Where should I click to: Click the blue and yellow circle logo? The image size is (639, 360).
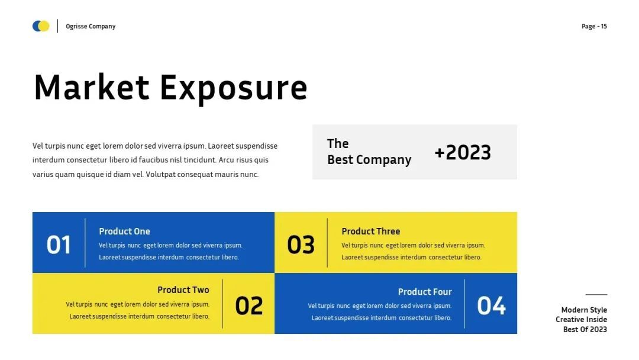pyautogui.click(x=41, y=26)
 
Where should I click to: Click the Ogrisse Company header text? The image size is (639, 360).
pyautogui.click(x=91, y=27)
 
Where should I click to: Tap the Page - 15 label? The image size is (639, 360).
pyautogui.click(x=594, y=27)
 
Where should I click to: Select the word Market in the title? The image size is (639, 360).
pyautogui.click(x=92, y=87)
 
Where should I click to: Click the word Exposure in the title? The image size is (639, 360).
pyautogui.click(x=234, y=89)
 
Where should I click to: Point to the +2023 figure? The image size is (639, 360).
pyautogui.click(x=463, y=152)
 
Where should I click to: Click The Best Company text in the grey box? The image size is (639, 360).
pyautogui.click(x=369, y=152)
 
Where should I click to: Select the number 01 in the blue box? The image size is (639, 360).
pyautogui.click(x=59, y=245)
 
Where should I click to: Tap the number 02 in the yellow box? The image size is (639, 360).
pyautogui.click(x=249, y=306)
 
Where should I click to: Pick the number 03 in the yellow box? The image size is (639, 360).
pyautogui.click(x=301, y=245)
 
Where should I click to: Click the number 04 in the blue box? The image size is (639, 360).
pyautogui.click(x=491, y=306)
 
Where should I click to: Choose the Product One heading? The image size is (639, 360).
pyautogui.click(x=124, y=231)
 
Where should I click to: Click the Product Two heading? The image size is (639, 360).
pyautogui.click(x=183, y=290)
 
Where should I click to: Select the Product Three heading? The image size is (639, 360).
pyautogui.click(x=371, y=231)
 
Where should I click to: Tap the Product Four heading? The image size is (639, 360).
pyautogui.click(x=425, y=292)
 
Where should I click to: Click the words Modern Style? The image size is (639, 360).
pyautogui.click(x=584, y=310)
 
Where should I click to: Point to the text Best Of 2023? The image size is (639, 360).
pyautogui.click(x=585, y=329)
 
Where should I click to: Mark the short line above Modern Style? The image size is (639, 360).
pyautogui.click(x=596, y=294)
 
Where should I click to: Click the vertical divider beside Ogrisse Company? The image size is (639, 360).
pyautogui.click(x=57, y=26)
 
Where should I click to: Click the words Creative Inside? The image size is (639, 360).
pyautogui.click(x=581, y=320)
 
